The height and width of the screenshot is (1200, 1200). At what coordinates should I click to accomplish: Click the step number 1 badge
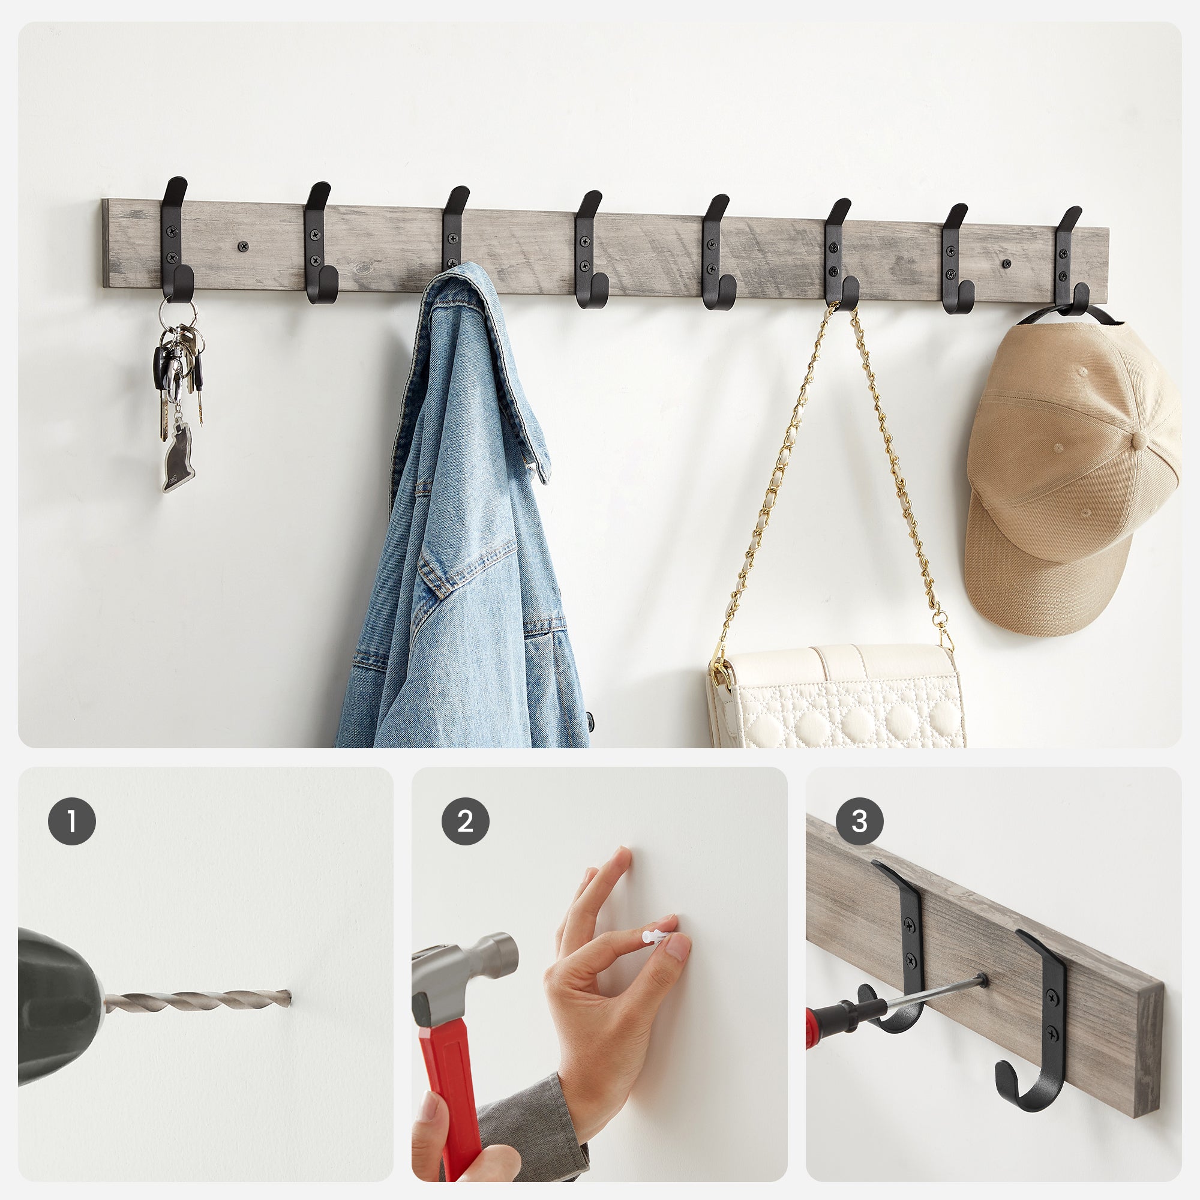point(72,821)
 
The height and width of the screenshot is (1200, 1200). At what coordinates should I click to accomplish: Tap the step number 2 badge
point(465,821)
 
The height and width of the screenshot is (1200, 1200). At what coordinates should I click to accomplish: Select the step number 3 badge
point(859,821)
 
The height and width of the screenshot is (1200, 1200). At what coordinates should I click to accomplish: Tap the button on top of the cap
point(1141,440)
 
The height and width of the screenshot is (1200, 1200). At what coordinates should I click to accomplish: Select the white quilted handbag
point(836,695)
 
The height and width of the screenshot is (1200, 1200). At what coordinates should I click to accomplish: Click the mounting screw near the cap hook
point(1007,263)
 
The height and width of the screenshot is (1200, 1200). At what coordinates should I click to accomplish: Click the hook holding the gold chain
point(841,253)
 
